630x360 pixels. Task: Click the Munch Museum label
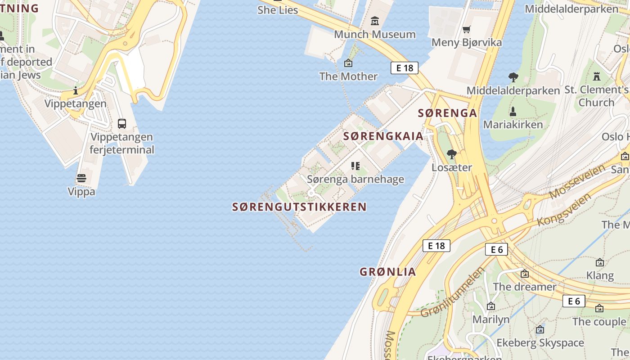[x=375, y=34]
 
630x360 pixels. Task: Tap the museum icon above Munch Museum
[x=375, y=21]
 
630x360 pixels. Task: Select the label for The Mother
[x=348, y=76]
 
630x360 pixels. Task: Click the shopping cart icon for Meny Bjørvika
[x=467, y=30]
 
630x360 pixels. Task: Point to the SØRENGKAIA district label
[x=383, y=136]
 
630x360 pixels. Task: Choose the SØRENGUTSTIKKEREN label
[x=299, y=207]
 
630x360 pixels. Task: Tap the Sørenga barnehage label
[x=355, y=179]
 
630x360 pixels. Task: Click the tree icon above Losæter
[x=451, y=154]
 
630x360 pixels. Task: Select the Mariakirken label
[x=513, y=124]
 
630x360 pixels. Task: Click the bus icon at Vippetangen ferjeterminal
[x=122, y=124]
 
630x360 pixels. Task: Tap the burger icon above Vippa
[x=81, y=179]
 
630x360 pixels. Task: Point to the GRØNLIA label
[x=388, y=272]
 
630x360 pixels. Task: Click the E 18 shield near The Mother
[x=404, y=68]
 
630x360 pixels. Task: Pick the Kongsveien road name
[x=564, y=210]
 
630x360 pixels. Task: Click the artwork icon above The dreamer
[x=525, y=274]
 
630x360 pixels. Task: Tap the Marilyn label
[x=491, y=319]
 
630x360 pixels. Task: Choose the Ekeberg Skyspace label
[x=540, y=343]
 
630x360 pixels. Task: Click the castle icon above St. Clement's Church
[x=597, y=76]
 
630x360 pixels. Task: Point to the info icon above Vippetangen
[x=76, y=90]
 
